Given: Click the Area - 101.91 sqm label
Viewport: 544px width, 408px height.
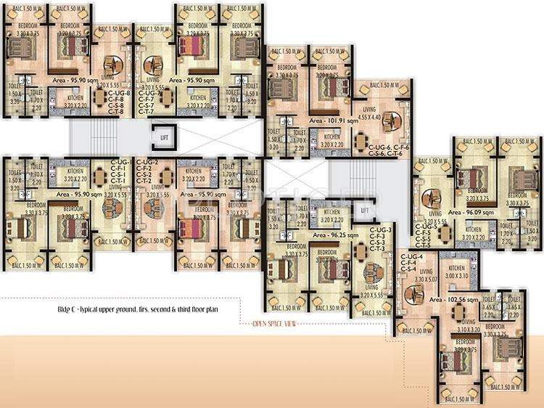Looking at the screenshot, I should (334, 121).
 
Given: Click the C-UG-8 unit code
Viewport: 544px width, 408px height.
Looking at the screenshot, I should (119, 94).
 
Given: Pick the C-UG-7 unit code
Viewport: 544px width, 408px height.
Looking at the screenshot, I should (149, 94).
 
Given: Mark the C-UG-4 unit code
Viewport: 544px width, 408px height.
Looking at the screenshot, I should (412, 258).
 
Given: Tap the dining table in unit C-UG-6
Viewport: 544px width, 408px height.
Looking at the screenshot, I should (360, 142).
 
